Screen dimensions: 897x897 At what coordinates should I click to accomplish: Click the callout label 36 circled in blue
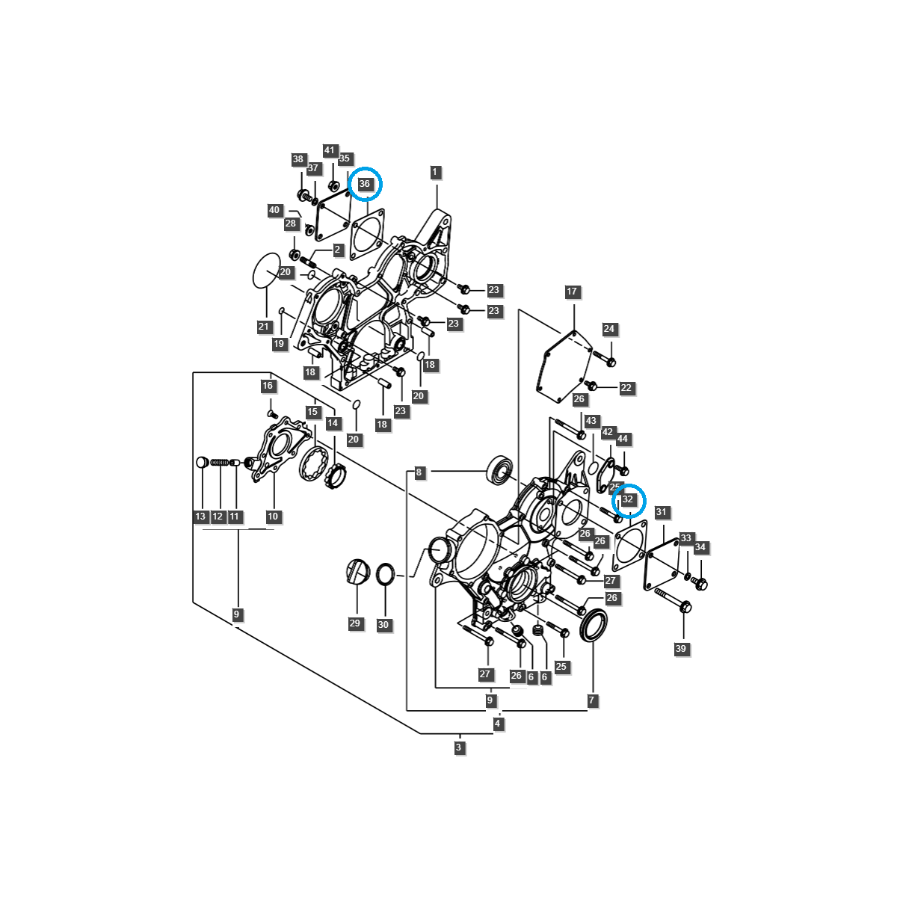coord(365,184)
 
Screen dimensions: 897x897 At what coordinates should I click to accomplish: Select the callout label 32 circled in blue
coord(628,499)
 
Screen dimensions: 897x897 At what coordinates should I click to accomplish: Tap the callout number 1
coord(435,173)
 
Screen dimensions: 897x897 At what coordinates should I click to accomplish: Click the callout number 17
coord(572,292)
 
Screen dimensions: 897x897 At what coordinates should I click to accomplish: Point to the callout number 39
coord(680,649)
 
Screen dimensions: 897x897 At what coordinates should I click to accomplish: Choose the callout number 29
coord(354,623)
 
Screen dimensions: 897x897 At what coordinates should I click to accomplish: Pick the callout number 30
coord(383,625)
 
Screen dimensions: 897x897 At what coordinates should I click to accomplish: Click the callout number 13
coord(200,517)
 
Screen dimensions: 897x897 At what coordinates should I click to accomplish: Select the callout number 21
coord(263,327)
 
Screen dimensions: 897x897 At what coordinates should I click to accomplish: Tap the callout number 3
coord(460,747)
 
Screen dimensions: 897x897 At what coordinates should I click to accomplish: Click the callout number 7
coord(592,700)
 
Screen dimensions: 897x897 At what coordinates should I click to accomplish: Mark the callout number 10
coord(273,517)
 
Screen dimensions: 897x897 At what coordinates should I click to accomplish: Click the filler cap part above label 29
coord(358,571)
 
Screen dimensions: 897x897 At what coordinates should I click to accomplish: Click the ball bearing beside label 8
coord(499,469)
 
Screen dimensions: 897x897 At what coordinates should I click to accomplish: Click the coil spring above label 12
coord(218,463)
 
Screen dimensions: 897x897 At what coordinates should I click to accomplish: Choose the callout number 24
coord(609,329)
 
